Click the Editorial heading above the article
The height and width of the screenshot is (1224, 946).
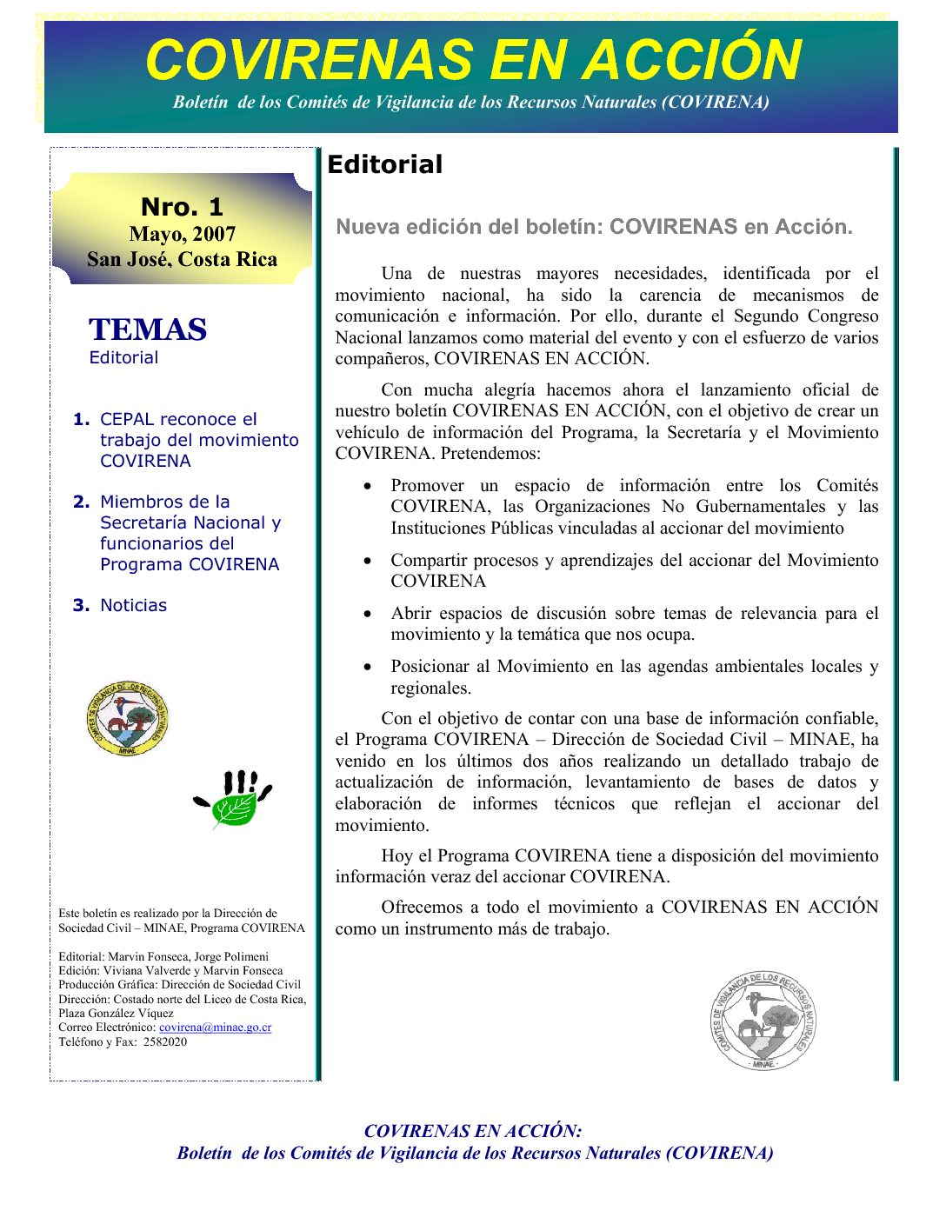click(384, 164)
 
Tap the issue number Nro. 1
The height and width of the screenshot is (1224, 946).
click(182, 207)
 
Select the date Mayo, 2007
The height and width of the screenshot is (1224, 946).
click(182, 234)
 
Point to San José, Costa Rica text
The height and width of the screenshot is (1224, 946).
click(182, 259)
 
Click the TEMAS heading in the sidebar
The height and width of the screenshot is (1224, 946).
click(148, 329)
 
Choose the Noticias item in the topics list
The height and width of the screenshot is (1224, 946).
click(133, 605)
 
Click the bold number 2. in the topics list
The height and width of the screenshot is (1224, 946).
click(82, 502)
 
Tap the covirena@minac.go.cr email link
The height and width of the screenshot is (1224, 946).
click(215, 1028)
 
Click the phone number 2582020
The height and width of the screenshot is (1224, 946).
click(165, 1041)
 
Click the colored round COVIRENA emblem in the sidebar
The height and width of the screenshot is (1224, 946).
click(127, 718)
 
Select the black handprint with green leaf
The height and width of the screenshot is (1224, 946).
click(233, 798)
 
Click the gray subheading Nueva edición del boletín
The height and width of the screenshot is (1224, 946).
click(594, 227)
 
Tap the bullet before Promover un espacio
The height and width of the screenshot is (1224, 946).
click(369, 486)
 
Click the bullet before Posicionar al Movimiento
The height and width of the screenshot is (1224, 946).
click(369, 667)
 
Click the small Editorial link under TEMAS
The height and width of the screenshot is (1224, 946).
click(123, 357)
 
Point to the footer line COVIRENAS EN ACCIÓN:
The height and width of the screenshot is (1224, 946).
click(473, 1131)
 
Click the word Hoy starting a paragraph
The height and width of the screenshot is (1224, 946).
click(397, 855)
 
